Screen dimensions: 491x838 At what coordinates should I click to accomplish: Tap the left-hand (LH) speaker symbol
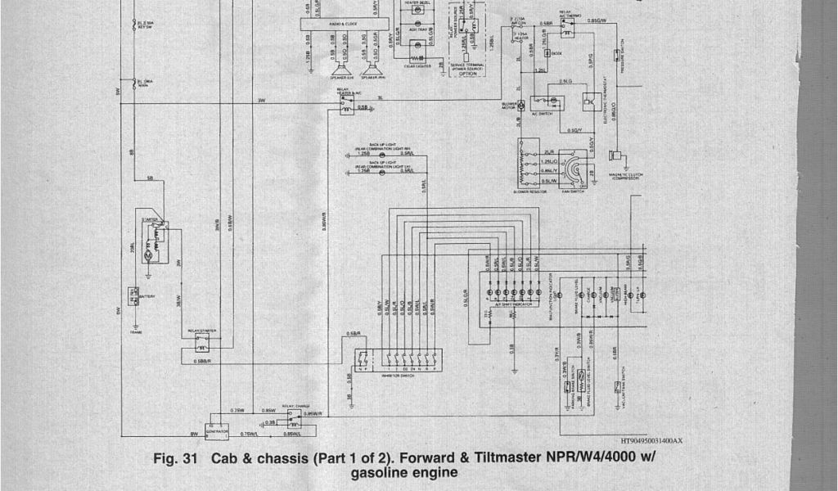click(x=340, y=69)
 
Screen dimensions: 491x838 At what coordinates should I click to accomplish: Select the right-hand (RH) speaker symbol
click(x=370, y=69)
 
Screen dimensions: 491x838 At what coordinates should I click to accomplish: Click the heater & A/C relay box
click(x=348, y=106)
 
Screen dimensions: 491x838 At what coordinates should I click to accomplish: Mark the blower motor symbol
click(x=521, y=106)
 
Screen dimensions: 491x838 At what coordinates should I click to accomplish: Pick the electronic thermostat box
click(x=588, y=101)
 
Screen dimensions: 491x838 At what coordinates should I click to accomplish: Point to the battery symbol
click(x=132, y=295)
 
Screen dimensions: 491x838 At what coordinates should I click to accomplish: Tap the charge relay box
click(x=292, y=418)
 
